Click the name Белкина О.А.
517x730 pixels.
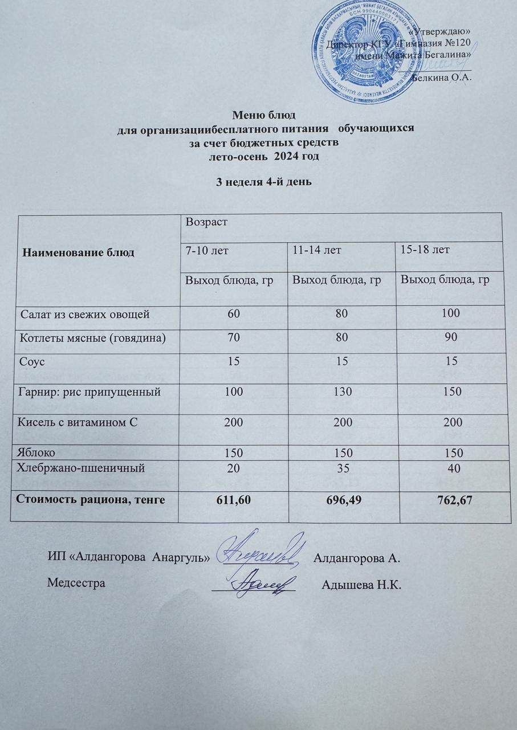[440, 78]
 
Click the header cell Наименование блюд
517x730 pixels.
[78, 252]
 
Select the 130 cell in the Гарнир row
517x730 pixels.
[340, 392]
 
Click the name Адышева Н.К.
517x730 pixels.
[362, 585]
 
